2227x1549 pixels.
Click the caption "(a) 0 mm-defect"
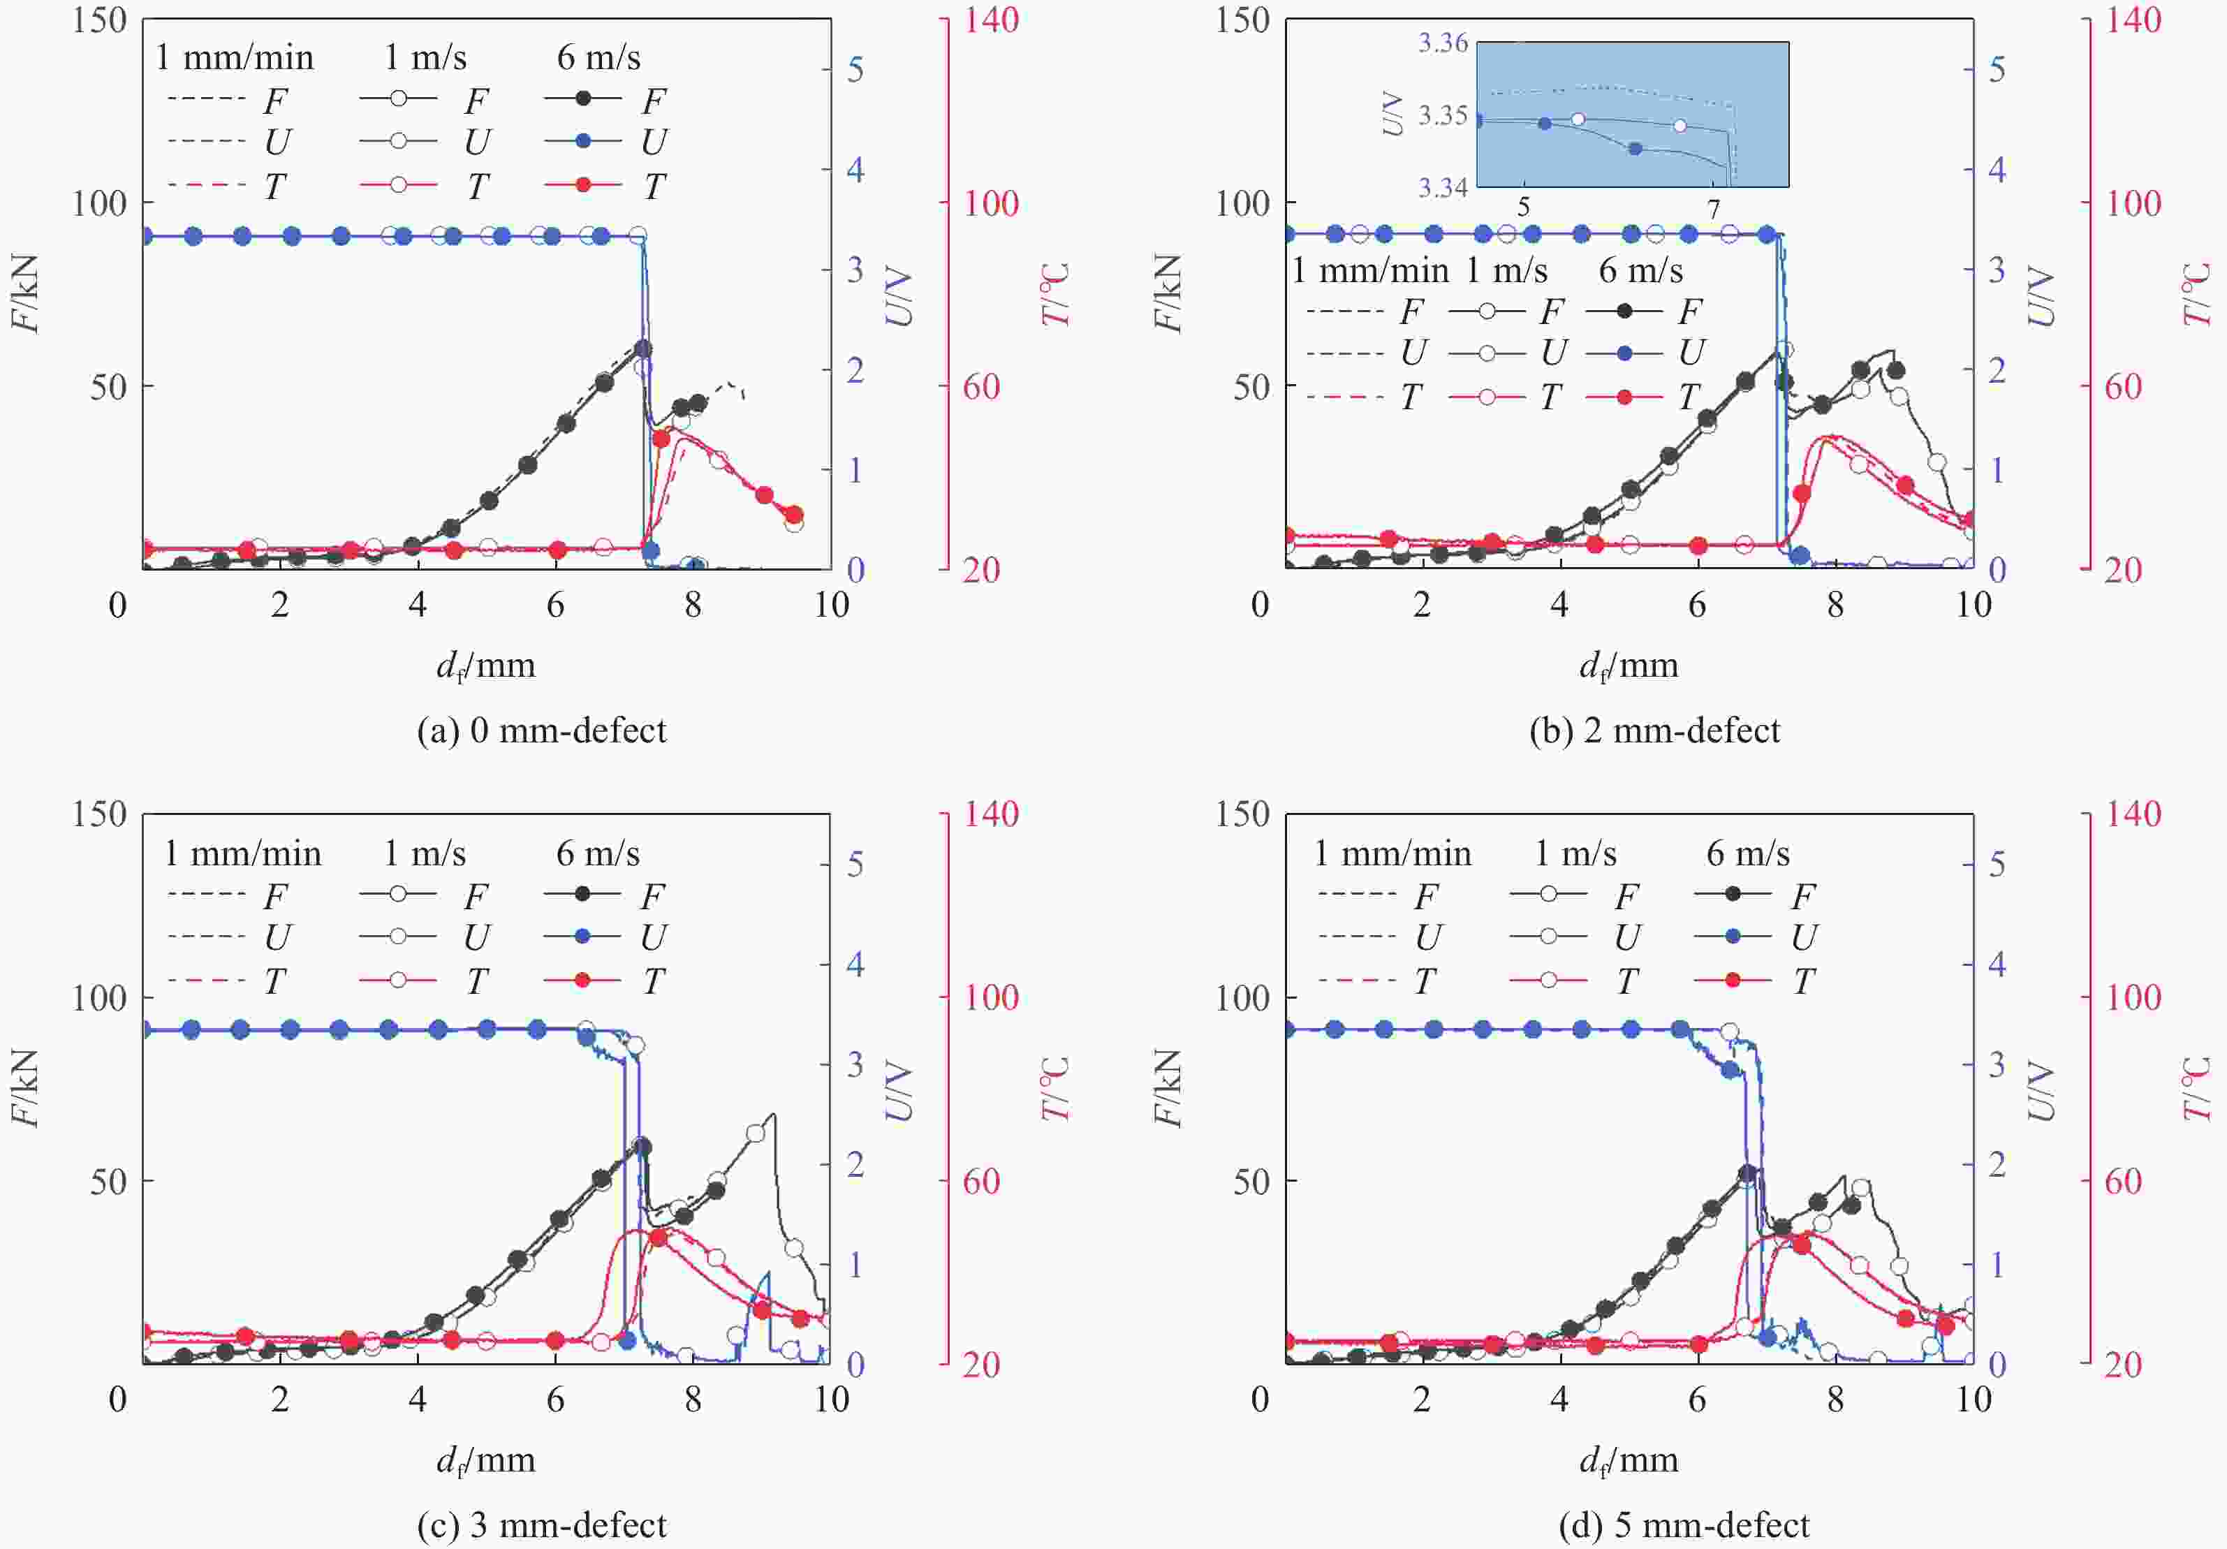pyautogui.click(x=541, y=731)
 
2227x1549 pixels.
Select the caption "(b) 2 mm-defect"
pyautogui.click(x=1655, y=731)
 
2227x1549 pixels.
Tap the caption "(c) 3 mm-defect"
pyautogui.click(x=541, y=1525)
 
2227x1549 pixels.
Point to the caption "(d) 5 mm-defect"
pyautogui.click(x=1684, y=1525)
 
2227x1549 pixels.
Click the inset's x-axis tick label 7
pyautogui.click(x=1713, y=207)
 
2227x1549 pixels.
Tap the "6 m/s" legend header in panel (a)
pyautogui.click(x=598, y=57)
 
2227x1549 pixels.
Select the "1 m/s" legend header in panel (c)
pyautogui.click(x=425, y=853)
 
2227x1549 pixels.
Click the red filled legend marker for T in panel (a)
pyautogui.click(x=584, y=184)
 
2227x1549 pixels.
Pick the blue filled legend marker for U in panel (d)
pyautogui.click(x=1733, y=936)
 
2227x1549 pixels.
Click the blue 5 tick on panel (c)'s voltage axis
pyautogui.click(x=855, y=864)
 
